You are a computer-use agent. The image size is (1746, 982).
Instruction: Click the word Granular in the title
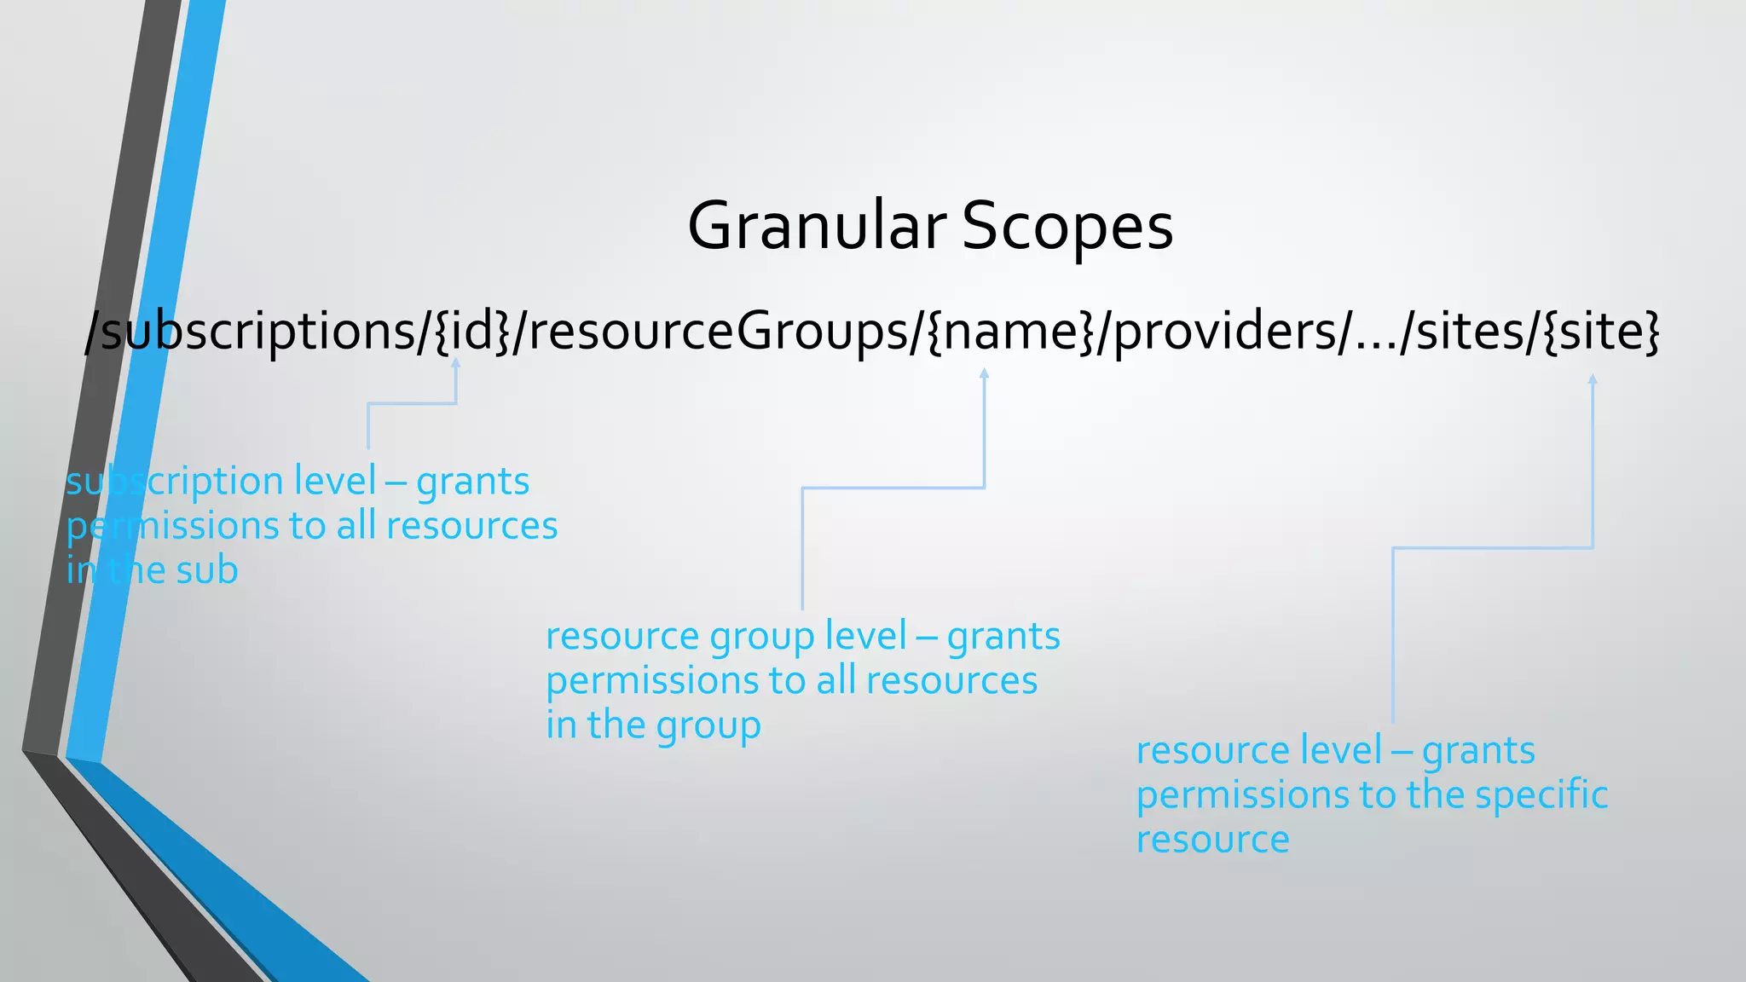[x=816, y=227]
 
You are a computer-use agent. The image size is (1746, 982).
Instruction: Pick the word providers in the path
[x=1223, y=331]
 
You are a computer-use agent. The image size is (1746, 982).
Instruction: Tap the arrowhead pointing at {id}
[x=456, y=363]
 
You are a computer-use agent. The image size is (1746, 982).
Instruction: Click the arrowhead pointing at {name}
[x=984, y=373]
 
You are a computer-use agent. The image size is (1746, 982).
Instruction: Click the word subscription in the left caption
[x=175, y=482]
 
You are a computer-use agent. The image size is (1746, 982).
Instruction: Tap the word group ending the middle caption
[x=708, y=726]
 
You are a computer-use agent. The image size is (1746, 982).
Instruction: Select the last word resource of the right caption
[x=1212, y=840]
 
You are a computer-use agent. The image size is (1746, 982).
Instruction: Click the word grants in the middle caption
[x=1003, y=637]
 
